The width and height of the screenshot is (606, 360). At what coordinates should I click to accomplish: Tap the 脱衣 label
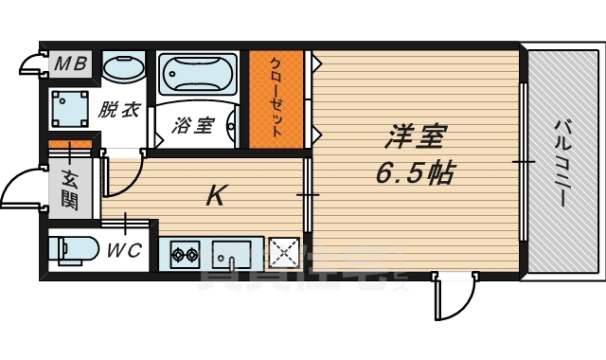coord(119,109)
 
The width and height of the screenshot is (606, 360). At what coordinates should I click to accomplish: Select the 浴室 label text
coord(193,125)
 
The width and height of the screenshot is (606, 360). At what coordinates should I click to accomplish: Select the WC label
coord(124,252)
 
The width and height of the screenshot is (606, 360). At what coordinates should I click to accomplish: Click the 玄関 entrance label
coord(70,188)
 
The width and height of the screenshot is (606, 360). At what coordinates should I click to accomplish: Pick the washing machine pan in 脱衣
coord(70,109)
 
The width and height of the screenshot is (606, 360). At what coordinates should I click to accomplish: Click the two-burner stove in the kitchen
coord(185,254)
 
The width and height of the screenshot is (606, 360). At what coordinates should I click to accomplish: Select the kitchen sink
coord(230,254)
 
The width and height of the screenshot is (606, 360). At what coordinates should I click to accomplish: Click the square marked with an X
coord(283,253)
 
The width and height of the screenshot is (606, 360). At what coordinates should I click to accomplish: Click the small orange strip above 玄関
coord(70,145)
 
